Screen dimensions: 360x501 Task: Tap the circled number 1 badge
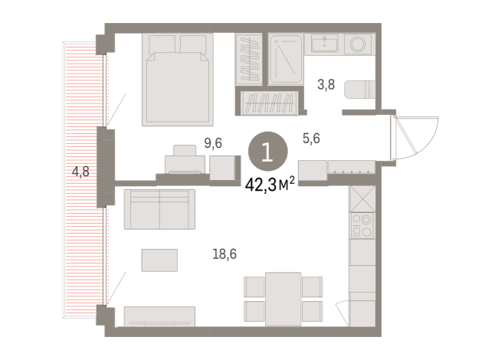[x=266, y=150]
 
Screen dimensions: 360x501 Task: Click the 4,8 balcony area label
[x=80, y=172]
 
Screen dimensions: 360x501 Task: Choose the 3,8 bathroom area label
[x=326, y=86]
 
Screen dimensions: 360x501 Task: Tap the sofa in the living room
[x=159, y=208]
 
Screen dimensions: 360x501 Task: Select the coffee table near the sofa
[x=159, y=260]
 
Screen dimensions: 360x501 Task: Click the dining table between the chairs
[x=273, y=297]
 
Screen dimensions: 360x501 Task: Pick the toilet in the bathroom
[x=359, y=90]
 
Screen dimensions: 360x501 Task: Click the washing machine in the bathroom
[x=359, y=44]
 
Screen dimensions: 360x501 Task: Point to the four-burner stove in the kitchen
[x=361, y=225]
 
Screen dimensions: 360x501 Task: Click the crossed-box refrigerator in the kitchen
[x=361, y=199]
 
